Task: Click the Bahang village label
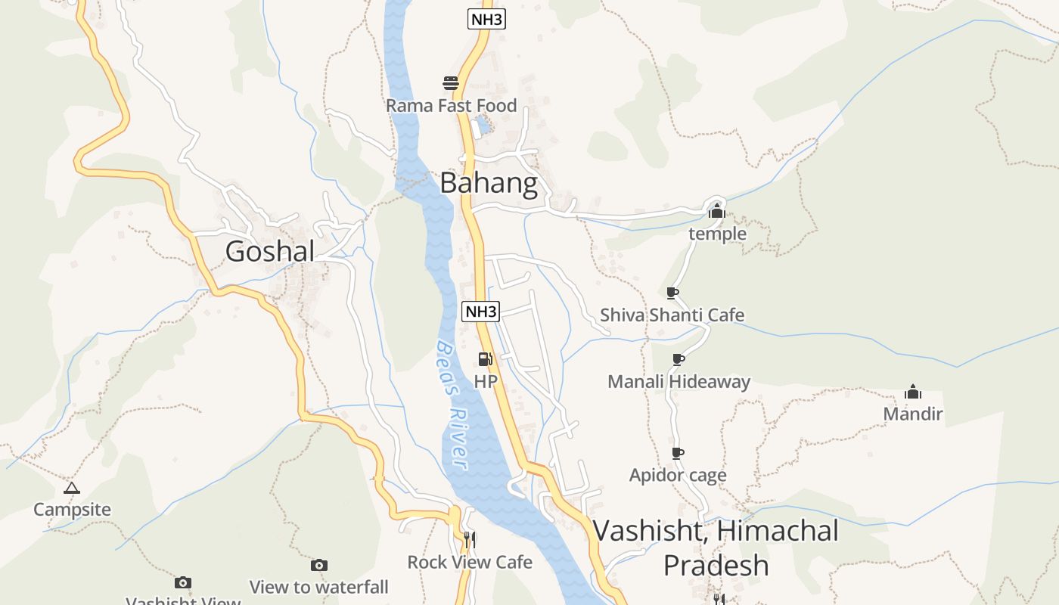489,183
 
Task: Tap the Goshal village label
269,251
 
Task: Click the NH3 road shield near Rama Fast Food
486,20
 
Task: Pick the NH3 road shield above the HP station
481,311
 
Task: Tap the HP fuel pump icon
485,359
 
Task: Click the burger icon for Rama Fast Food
451,82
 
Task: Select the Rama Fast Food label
451,106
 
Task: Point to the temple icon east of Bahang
716,212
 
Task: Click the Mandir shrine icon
913,392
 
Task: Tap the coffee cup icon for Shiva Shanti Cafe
672,293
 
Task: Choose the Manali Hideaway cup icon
679,359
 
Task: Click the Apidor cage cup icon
678,453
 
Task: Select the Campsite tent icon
72,488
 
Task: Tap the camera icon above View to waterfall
319,565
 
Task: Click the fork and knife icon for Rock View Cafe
470,540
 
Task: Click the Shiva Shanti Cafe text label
672,315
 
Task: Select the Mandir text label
913,414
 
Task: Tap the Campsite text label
72,510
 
